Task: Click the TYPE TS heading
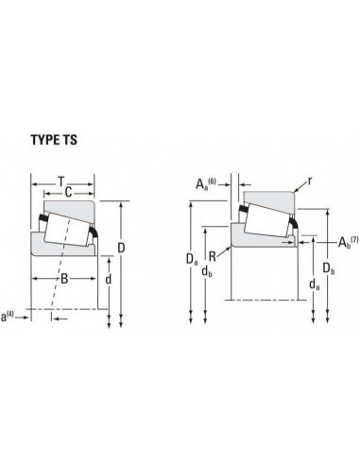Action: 54,140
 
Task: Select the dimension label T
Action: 61,181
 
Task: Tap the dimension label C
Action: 68,192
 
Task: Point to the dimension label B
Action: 64,279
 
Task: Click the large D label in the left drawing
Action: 121,248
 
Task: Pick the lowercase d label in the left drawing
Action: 108,279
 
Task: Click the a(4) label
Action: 8,317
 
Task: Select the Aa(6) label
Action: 206,183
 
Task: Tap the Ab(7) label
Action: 348,242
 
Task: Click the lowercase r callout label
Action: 310,181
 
